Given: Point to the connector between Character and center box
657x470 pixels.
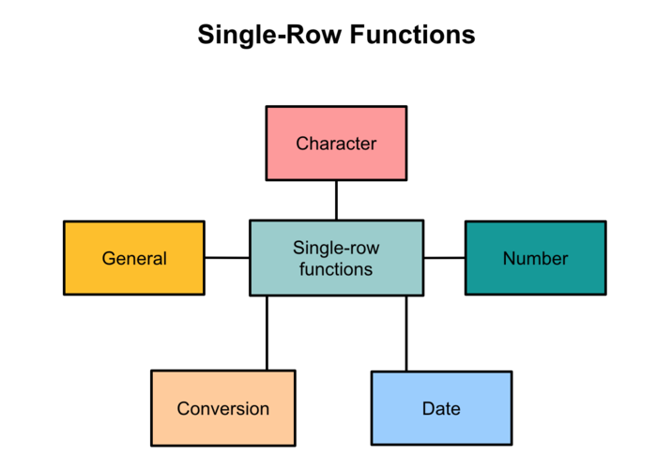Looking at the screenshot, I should click(x=336, y=200).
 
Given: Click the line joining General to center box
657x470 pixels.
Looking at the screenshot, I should click(x=226, y=257).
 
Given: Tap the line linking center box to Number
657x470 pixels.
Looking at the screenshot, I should click(x=444, y=257).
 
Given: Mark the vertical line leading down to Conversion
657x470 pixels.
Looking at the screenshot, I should click(x=267, y=332).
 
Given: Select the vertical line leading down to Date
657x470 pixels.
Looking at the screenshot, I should click(x=406, y=332).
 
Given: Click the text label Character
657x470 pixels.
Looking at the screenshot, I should click(x=336, y=144).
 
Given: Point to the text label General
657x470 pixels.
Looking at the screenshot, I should click(x=134, y=259).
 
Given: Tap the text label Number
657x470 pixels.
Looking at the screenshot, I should click(x=535, y=259).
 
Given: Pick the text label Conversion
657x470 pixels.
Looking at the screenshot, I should click(x=223, y=409).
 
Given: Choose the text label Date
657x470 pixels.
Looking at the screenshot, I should click(x=441, y=409).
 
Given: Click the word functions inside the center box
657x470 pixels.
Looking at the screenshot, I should click(x=336, y=269).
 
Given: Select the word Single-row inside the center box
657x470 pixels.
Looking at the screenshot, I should click(x=336, y=249).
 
